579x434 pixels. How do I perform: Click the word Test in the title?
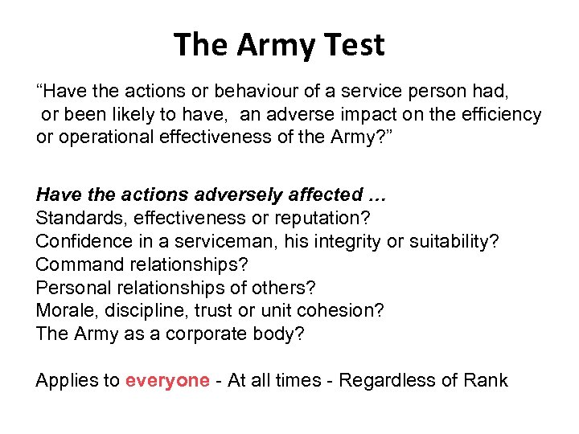(x=352, y=44)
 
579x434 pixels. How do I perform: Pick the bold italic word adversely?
(x=221, y=194)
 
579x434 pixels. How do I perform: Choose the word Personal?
(x=70, y=288)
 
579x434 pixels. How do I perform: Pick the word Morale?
(x=62, y=311)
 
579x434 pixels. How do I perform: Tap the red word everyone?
(x=167, y=380)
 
